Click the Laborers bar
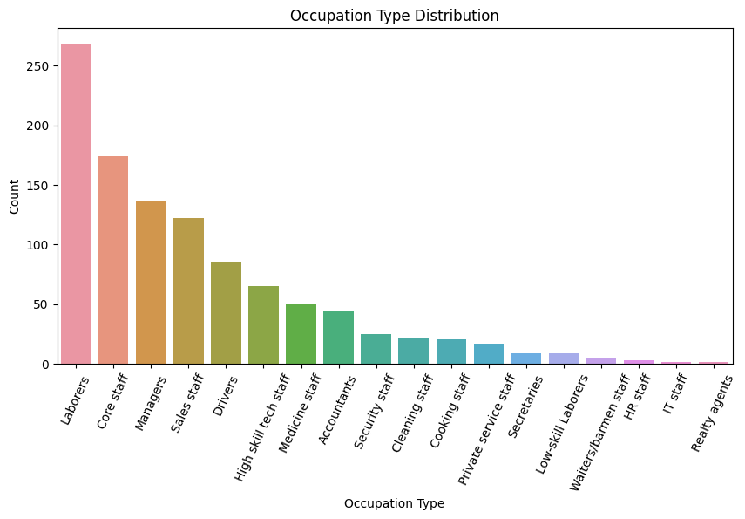(x=76, y=204)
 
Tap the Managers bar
(x=151, y=283)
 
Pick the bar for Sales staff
(x=188, y=290)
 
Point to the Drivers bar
(x=226, y=312)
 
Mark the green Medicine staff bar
(x=301, y=334)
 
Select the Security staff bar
(x=376, y=349)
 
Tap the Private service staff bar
(x=489, y=353)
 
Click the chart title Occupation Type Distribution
(x=394, y=16)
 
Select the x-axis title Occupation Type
(x=394, y=503)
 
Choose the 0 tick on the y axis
(x=48, y=364)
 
